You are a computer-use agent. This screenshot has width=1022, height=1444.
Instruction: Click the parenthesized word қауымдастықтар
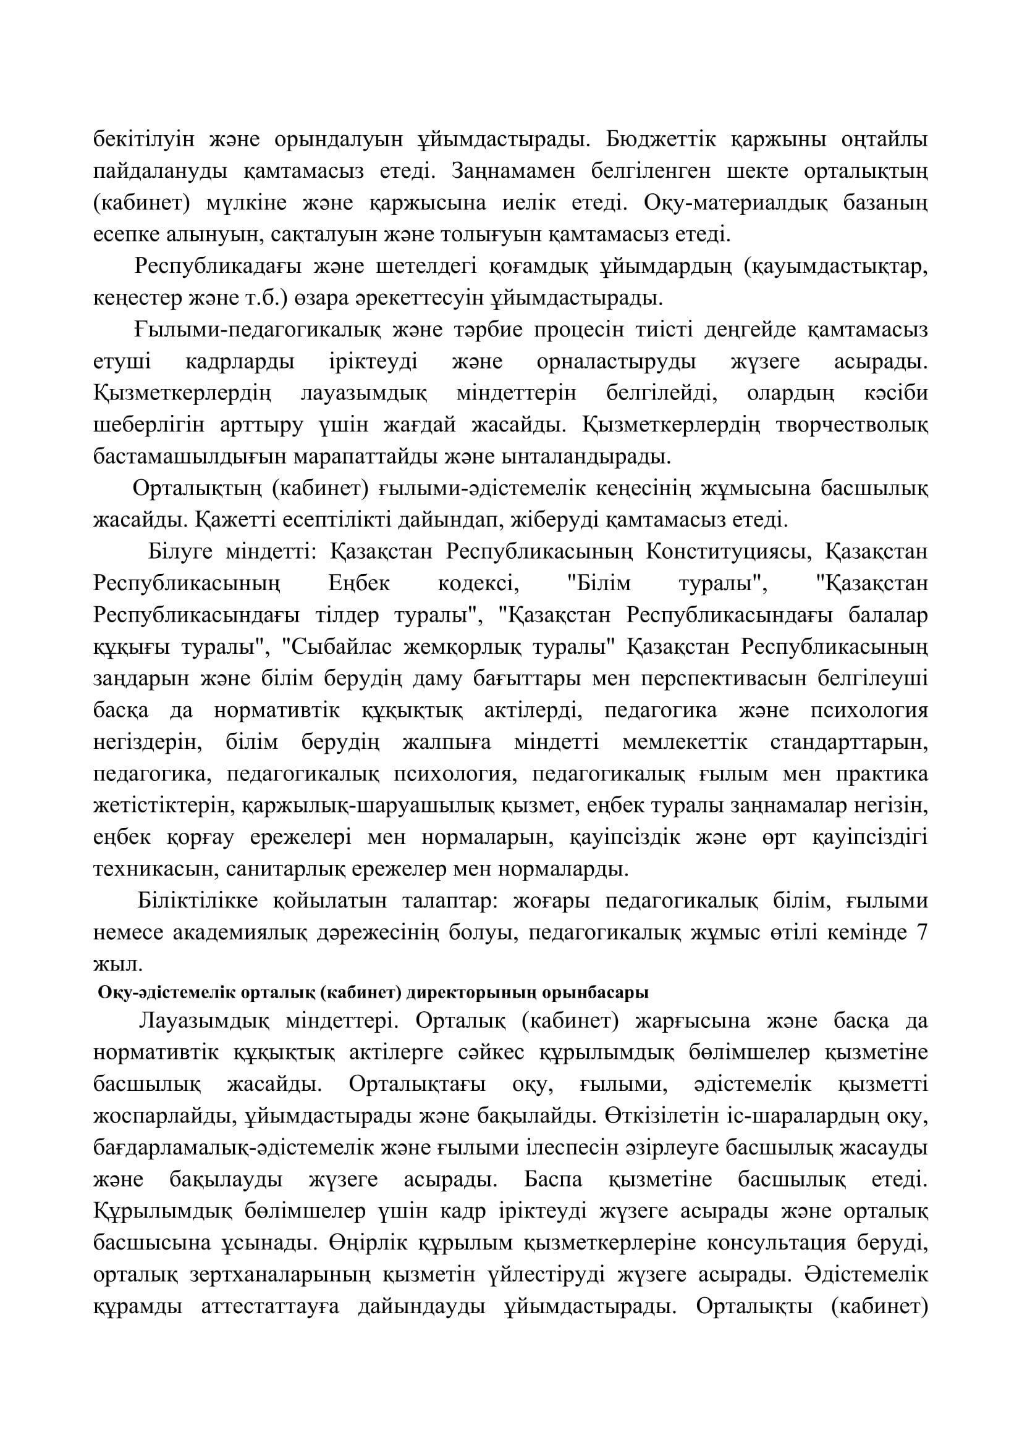(837, 267)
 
